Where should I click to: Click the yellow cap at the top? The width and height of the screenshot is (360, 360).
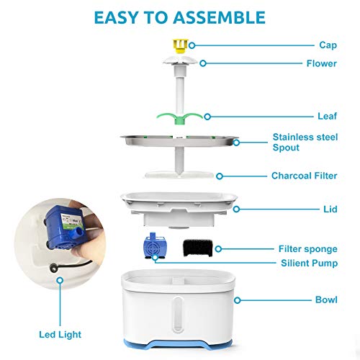click(x=181, y=46)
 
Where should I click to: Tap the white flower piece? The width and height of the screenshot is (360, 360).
click(x=180, y=60)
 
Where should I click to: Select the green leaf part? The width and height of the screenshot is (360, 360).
click(x=180, y=118)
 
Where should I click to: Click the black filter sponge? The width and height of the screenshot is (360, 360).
click(x=198, y=248)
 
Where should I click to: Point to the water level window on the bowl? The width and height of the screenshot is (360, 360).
click(x=178, y=315)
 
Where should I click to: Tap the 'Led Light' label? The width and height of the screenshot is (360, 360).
click(x=60, y=335)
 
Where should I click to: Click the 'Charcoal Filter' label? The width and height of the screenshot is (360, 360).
click(x=304, y=176)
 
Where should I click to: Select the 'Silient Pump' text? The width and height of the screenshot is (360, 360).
click(x=309, y=263)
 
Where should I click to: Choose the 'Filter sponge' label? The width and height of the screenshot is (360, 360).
click(x=308, y=249)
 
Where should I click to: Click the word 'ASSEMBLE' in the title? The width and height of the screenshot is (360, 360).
click(x=219, y=17)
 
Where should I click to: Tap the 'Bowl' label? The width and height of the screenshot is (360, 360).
click(x=326, y=300)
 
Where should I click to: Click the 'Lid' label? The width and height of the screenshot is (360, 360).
click(x=330, y=210)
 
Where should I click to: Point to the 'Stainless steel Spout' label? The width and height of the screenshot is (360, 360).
click(x=305, y=142)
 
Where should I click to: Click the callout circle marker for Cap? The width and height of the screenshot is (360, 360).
click(x=192, y=45)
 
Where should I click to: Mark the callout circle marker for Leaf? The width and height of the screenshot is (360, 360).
click(x=207, y=117)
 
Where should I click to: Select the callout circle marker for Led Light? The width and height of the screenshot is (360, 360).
click(x=60, y=280)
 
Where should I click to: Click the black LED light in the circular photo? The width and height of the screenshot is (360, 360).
click(x=53, y=268)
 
